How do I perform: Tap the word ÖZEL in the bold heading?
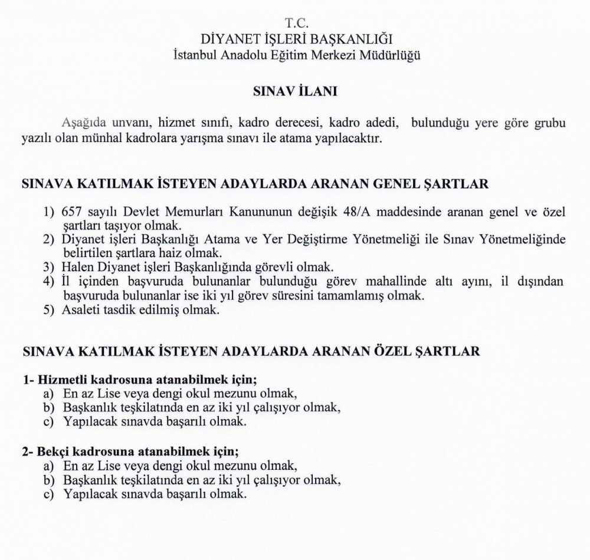pyautogui.click(x=405, y=351)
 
